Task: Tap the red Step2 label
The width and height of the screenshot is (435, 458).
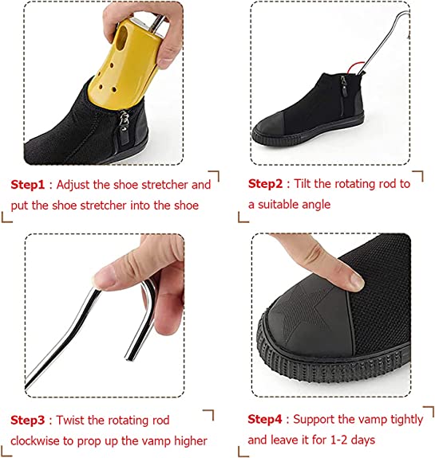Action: (264, 184)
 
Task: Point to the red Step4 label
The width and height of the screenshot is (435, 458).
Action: (264, 419)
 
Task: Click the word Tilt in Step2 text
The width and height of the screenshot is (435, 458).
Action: (306, 184)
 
